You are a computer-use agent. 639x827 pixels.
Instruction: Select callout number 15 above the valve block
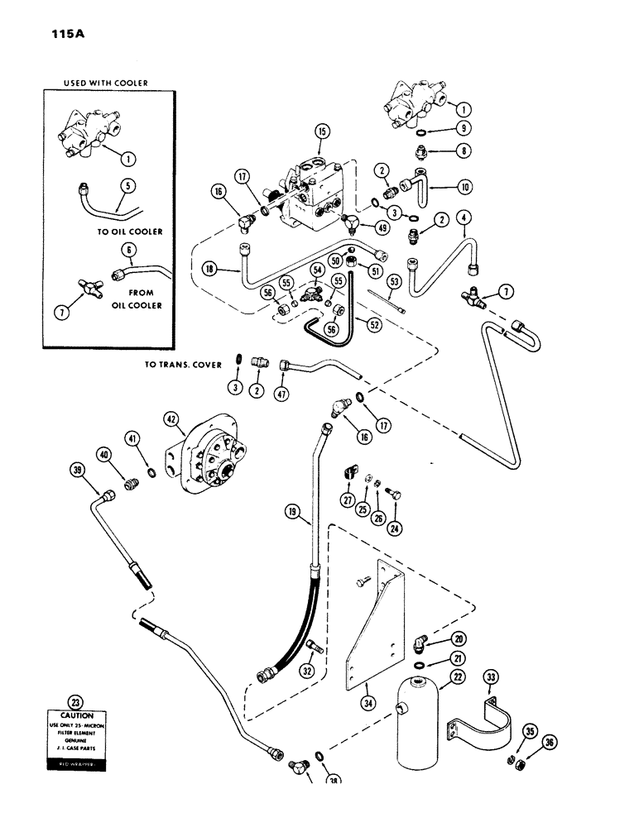323,131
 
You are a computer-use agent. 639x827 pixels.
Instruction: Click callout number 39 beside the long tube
79,471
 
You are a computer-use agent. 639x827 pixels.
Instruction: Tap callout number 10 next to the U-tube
464,188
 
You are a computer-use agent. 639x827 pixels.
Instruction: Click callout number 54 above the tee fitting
316,271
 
